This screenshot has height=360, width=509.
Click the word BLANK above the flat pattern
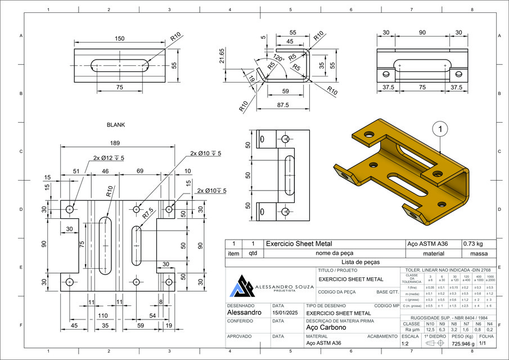116,125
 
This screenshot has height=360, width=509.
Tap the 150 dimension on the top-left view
119,38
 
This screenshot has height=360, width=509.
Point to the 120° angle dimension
277,58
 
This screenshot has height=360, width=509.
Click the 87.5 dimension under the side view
282,105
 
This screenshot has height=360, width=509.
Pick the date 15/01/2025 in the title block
284,312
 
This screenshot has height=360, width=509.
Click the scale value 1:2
405,343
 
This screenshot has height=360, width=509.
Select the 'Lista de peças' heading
362,262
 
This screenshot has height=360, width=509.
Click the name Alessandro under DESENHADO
244,312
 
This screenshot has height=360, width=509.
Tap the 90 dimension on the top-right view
422,33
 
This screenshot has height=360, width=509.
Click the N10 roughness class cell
430,324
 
